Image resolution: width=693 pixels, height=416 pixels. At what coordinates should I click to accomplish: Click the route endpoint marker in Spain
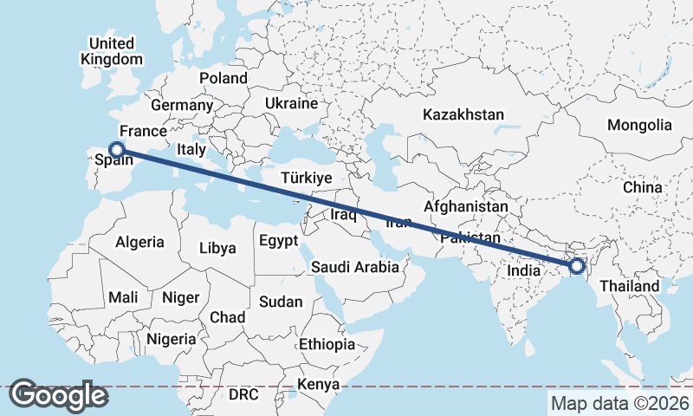(116, 149)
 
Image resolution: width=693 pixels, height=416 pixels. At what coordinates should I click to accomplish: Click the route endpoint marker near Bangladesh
(575, 266)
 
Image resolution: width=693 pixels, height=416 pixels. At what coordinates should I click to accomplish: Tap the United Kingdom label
(111, 51)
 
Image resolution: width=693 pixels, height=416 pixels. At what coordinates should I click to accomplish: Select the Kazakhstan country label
(463, 114)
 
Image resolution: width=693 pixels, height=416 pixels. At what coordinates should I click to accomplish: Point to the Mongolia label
(639, 125)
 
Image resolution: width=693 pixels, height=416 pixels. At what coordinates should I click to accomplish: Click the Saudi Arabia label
(355, 267)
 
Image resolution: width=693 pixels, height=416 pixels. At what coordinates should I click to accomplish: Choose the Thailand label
(630, 286)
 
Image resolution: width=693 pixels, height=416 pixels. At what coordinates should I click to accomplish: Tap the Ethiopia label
(327, 344)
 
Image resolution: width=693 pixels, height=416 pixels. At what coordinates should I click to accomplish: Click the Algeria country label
(139, 242)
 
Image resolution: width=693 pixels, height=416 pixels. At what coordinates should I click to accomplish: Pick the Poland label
(223, 78)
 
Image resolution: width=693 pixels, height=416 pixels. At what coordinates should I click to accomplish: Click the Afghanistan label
(465, 207)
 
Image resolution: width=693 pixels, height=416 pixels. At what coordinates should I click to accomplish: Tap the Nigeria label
(172, 339)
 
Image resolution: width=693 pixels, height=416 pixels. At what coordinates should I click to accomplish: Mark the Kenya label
(318, 384)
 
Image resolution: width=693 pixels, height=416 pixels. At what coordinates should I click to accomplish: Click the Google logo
(59, 395)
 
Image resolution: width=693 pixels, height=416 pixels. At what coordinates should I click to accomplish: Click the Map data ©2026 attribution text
(620, 403)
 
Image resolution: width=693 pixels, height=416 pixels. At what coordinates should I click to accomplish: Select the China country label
(642, 186)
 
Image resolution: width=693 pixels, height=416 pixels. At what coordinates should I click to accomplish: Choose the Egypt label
(278, 240)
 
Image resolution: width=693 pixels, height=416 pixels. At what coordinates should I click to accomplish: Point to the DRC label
(243, 394)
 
